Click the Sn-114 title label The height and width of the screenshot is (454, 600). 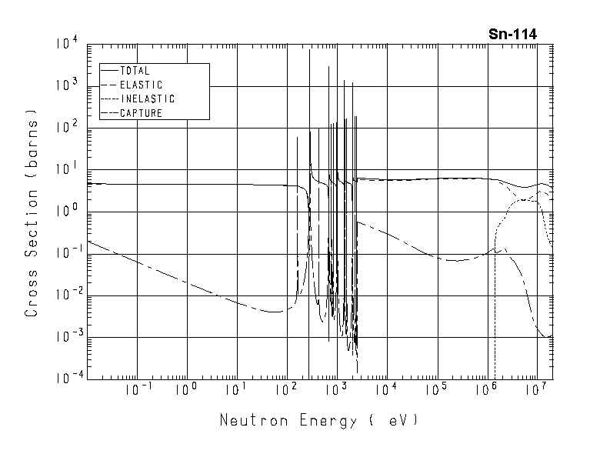click(x=512, y=34)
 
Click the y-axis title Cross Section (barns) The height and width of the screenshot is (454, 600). click(x=32, y=218)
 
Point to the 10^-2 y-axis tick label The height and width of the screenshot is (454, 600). click(x=66, y=295)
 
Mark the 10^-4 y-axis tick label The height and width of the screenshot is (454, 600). click(x=66, y=379)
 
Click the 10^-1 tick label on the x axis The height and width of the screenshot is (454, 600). click(x=137, y=391)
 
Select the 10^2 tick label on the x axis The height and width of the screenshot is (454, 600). click(x=287, y=391)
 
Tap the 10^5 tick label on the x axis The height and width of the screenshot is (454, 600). click(x=436, y=391)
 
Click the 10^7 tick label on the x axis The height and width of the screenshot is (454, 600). click(x=536, y=391)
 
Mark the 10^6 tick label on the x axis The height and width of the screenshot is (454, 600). click(x=486, y=391)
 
